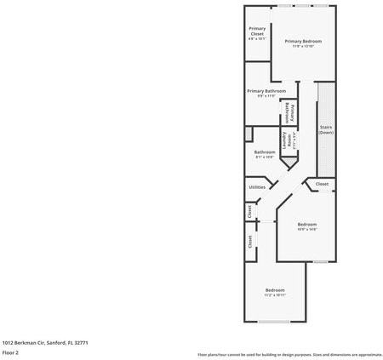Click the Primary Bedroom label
(303, 41)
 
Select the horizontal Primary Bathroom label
(266, 91)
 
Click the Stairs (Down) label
(326, 129)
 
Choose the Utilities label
(257, 187)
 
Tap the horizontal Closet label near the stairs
(322, 184)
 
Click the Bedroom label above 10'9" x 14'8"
(306, 224)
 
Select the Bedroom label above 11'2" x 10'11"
(274, 289)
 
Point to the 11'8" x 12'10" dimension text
(303, 47)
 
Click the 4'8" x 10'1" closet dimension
(256, 39)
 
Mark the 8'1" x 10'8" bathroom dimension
(264, 157)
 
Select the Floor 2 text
(10, 351)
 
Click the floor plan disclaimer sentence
(289, 354)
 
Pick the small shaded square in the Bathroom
(249, 134)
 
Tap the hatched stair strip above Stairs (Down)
(323, 102)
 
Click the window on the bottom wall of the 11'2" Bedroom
(274, 321)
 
